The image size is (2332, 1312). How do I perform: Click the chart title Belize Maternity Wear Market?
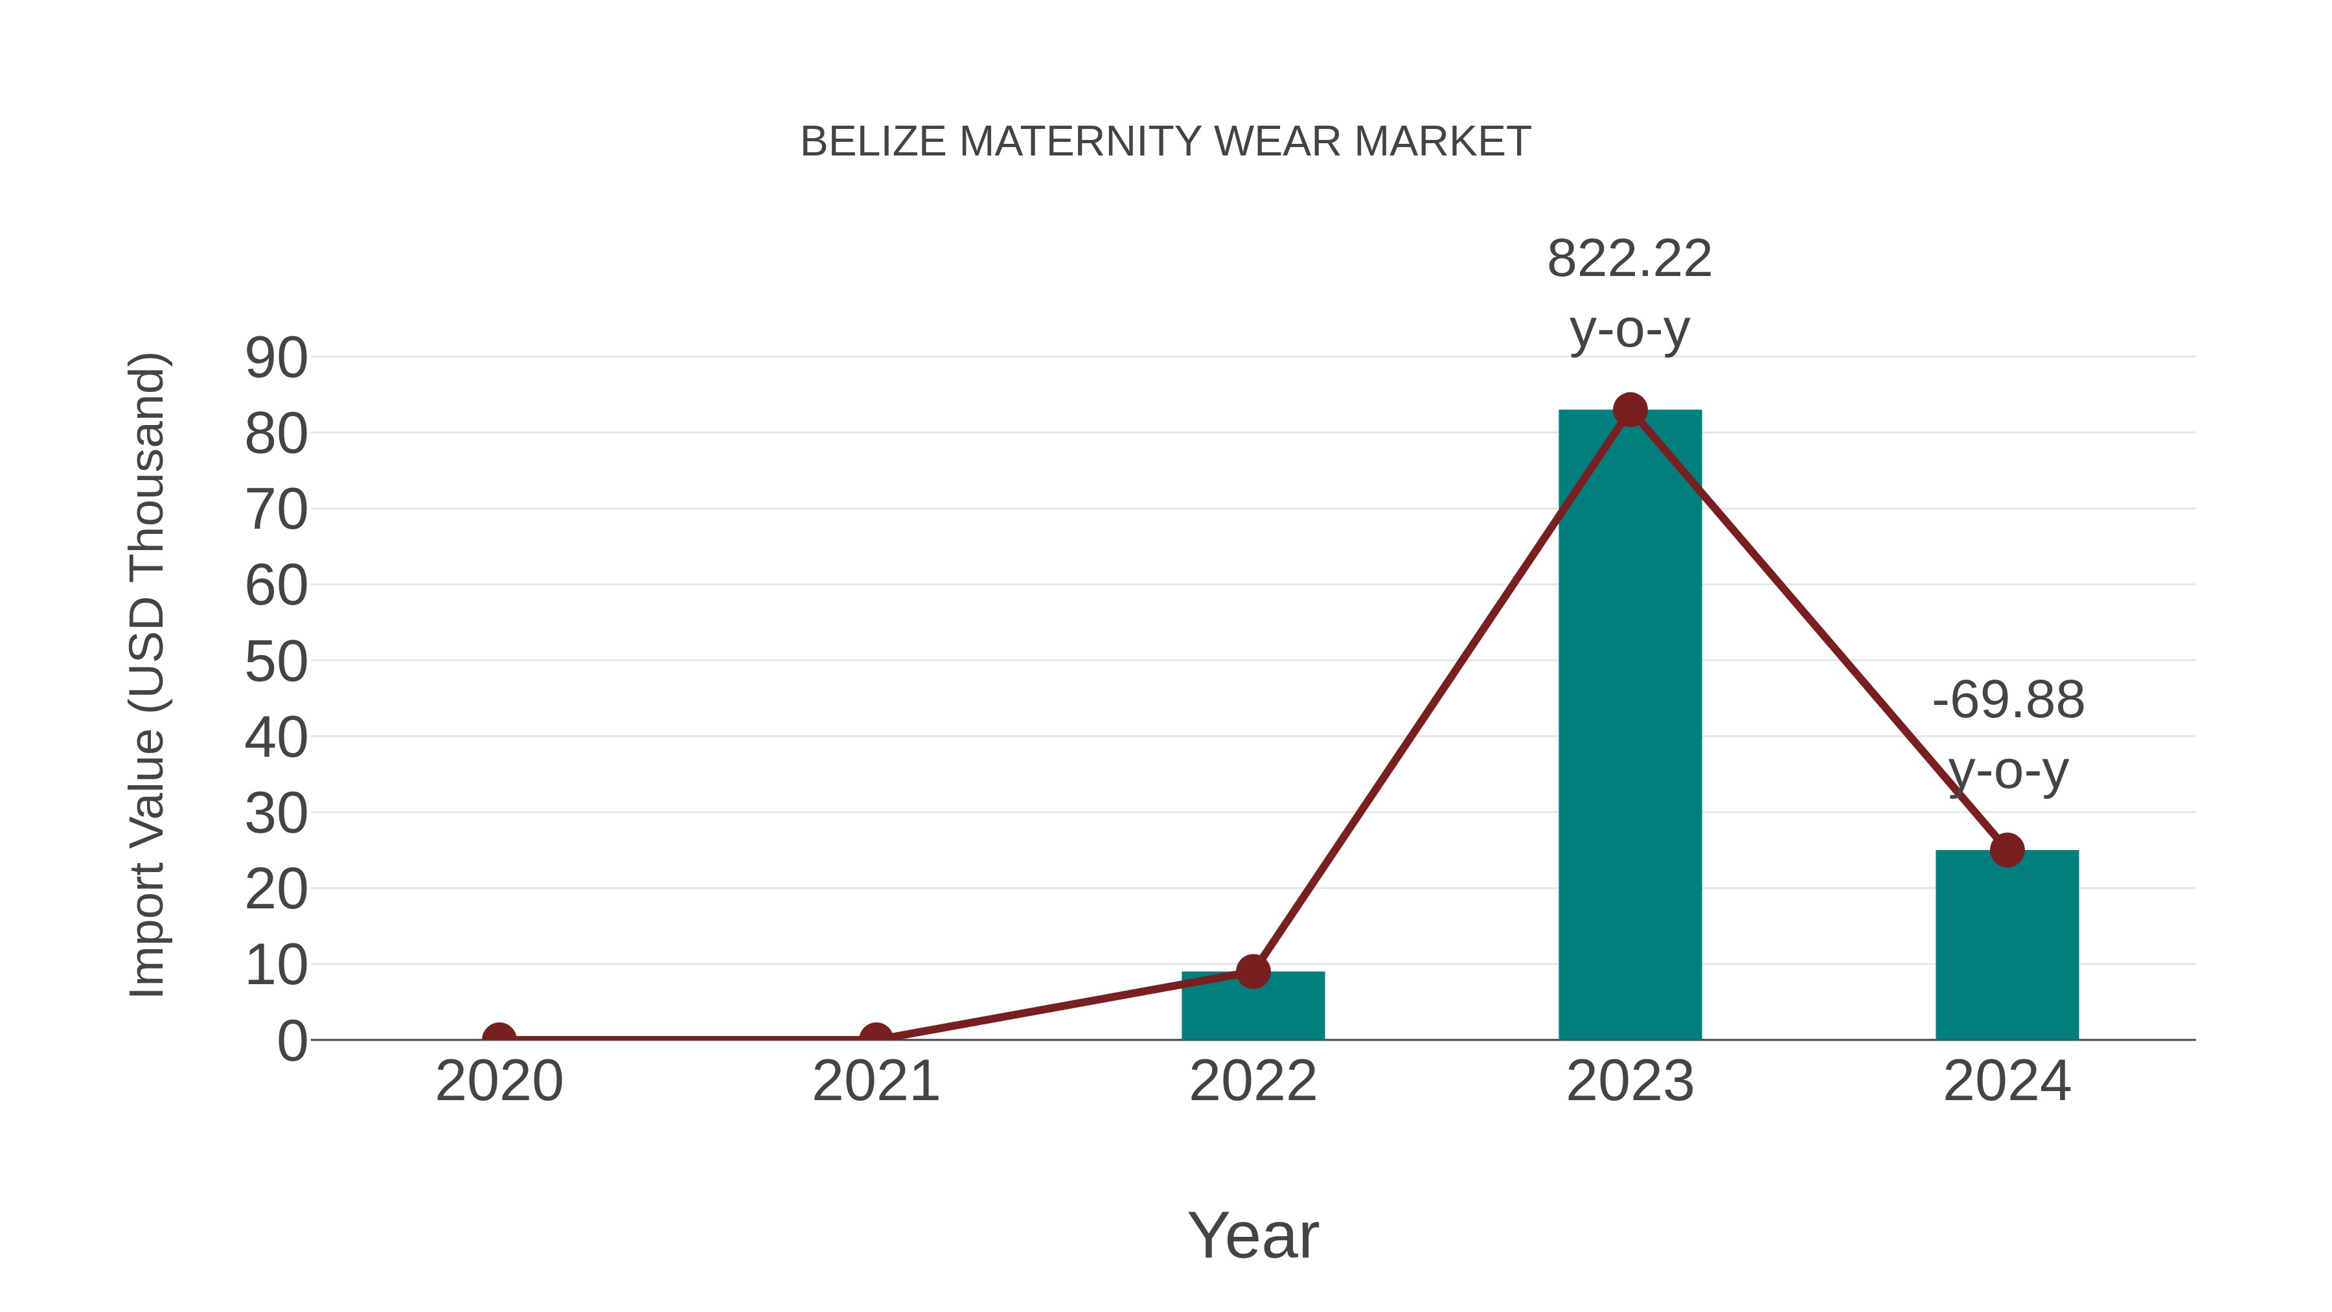[1165, 142]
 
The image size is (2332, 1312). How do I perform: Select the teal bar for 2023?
[1630, 724]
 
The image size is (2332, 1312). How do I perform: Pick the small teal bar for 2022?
[1253, 1006]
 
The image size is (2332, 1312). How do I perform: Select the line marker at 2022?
[1253, 972]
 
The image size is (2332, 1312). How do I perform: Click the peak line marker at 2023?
[1630, 410]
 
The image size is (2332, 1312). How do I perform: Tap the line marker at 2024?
[2007, 850]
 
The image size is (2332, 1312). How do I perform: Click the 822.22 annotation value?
[1630, 259]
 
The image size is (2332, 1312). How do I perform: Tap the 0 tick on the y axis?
[292, 1041]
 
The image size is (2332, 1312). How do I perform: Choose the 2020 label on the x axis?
[499, 1081]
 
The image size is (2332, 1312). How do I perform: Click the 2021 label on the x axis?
[875, 1081]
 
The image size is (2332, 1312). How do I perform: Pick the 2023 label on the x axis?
[1630, 1081]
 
